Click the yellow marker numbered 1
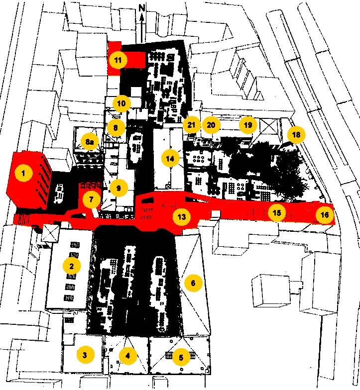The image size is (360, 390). point(23,173)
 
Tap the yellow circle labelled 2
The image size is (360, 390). point(72,266)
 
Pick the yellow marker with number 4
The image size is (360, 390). point(128,356)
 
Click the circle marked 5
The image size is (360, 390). point(181,357)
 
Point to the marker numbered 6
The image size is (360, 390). point(193,283)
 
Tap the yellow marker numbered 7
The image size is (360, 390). point(92,199)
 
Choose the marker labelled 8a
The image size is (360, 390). point(90,142)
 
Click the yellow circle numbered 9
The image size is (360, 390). point(119,188)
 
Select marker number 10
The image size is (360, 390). point(121,103)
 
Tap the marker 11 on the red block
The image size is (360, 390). point(118,60)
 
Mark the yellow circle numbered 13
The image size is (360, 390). point(182,217)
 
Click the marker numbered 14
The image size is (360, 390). point(170,158)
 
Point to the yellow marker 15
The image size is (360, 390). point(277,213)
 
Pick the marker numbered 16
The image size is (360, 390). point(325,214)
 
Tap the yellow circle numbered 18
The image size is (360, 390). point(296,134)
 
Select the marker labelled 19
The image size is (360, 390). point(248,125)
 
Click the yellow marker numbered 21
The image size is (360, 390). point(192,125)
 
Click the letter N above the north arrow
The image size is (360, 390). point(141,8)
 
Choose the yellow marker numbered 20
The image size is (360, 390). point(211,125)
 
